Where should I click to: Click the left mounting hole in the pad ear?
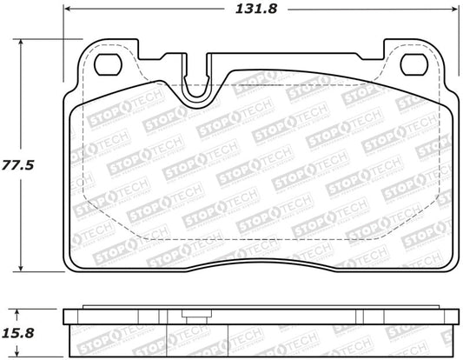pos(109,63)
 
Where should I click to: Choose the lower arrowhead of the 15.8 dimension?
pos(23,351)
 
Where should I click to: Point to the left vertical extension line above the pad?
pos(65,26)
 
